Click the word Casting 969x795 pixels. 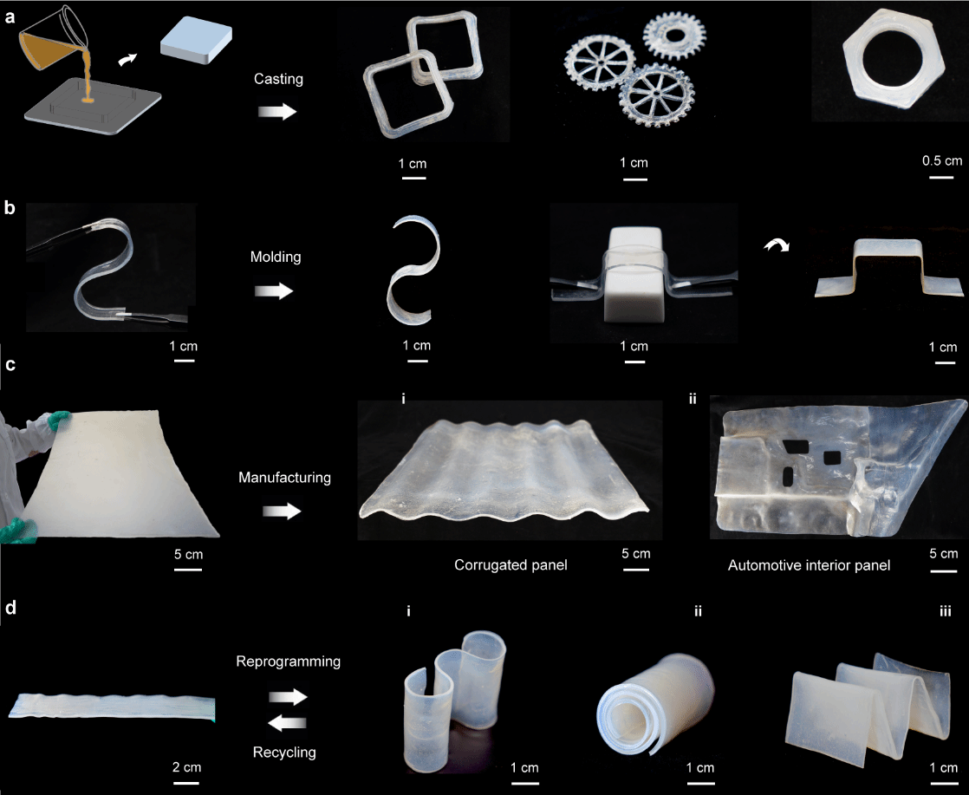[x=278, y=79]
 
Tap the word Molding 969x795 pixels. [x=276, y=257]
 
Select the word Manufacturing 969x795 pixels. [x=285, y=477]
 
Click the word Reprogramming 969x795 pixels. [x=289, y=661]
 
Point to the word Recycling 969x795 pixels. [x=284, y=753]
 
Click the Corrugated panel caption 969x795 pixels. [x=511, y=565]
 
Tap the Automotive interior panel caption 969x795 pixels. [x=809, y=565]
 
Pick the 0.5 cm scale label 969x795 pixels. [x=942, y=160]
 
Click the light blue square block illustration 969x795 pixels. [x=196, y=40]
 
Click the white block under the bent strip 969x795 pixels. [x=635, y=274]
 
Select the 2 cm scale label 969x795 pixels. [x=186, y=767]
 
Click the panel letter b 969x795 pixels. [x=10, y=208]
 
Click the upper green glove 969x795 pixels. [x=59, y=420]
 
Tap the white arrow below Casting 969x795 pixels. [x=276, y=111]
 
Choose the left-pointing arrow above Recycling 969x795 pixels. [x=288, y=722]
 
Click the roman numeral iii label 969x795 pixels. [x=945, y=612]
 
